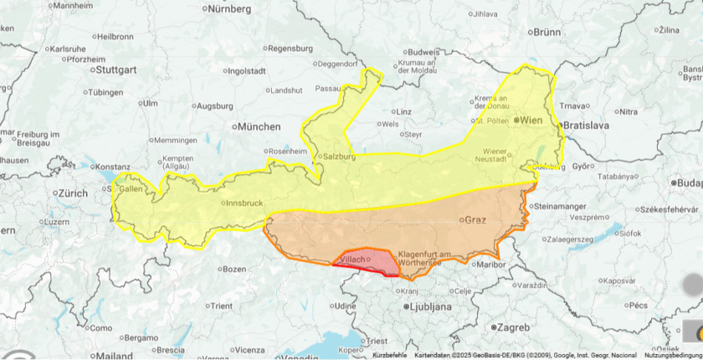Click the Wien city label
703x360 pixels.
(531, 121)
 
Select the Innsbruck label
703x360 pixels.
(244, 203)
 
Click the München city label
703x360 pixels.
(259, 126)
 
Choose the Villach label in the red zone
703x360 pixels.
(351, 260)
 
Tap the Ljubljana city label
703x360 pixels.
(431, 307)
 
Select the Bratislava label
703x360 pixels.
(587, 125)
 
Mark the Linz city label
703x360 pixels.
(403, 111)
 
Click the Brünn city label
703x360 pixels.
(546, 32)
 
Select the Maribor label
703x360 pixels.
(487, 265)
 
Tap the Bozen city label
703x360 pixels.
(235, 269)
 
